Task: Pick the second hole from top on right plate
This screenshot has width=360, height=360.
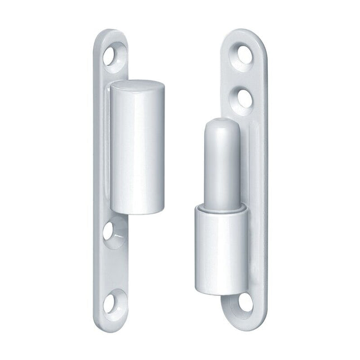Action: click(x=244, y=96)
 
